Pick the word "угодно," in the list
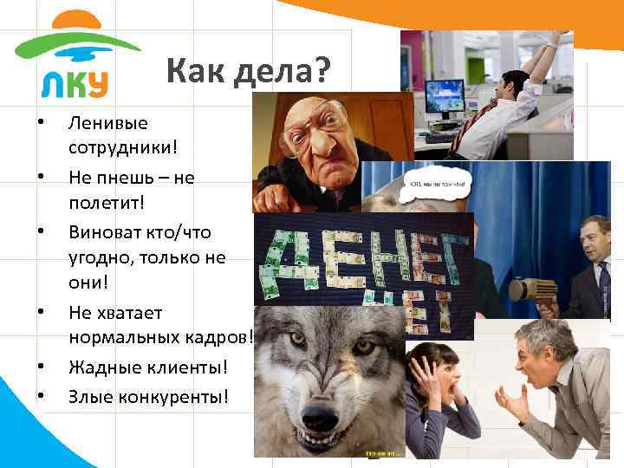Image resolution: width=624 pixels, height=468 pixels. [105, 258]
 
